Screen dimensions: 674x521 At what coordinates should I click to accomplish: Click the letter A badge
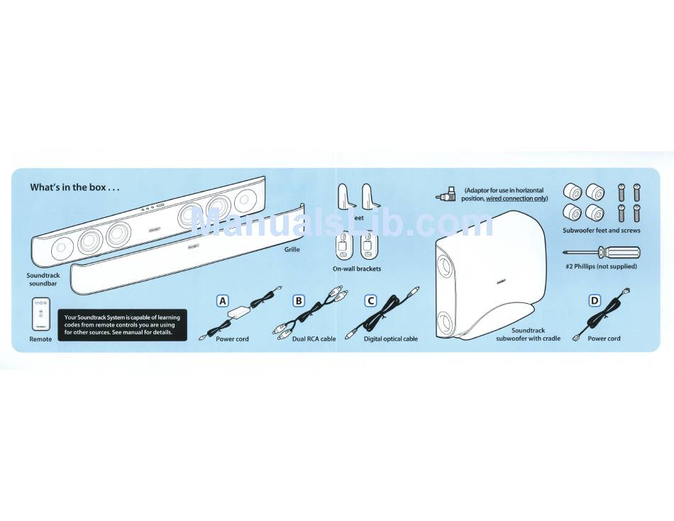tap(223, 300)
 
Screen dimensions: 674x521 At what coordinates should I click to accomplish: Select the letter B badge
tap(299, 300)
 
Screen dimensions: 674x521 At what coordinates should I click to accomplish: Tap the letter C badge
tap(370, 300)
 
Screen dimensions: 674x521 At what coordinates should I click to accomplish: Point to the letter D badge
tap(595, 300)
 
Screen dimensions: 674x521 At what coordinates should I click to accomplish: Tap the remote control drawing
tap(40, 314)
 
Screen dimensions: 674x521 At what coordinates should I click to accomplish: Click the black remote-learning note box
tap(122, 325)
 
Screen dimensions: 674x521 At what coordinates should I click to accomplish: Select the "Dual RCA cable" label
tap(314, 339)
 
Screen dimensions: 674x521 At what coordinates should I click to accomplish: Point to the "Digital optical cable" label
tap(391, 339)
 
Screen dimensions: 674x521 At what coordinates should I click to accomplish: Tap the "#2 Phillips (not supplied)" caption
tap(602, 266)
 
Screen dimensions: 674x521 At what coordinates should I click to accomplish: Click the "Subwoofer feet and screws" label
tap(602, 231)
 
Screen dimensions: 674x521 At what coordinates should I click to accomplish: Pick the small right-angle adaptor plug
tap(448, 194)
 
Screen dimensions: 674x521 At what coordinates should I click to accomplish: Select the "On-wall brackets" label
tap(357, 269)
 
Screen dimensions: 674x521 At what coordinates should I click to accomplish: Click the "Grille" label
tap(292, 250)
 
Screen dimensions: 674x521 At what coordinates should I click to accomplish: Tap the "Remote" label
tap(40, 339)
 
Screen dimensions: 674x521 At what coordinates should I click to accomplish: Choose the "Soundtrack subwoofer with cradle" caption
tap(528, 334)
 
